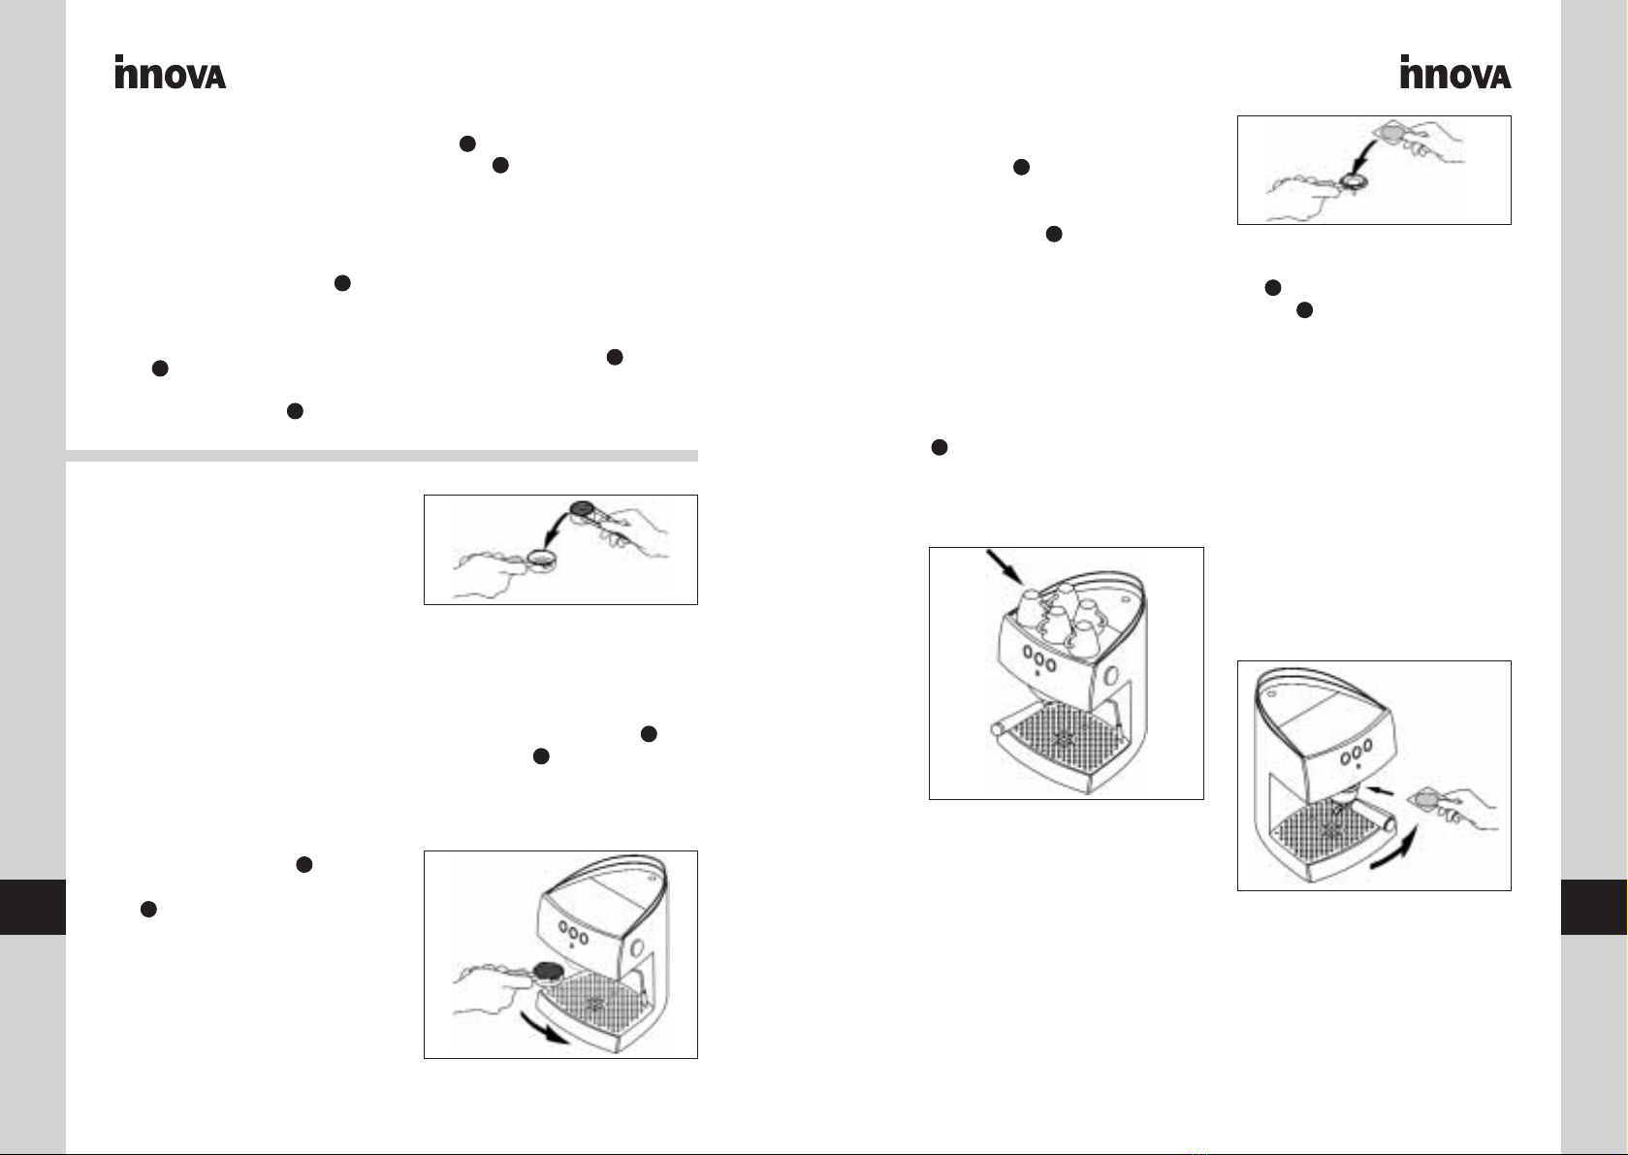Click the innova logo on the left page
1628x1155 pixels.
[x=170, y=72]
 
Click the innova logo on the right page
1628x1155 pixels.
[x=1455, y=72]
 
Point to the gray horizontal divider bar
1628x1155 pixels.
[x=382, y=456]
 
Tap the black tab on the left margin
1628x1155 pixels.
[x=33, y=907]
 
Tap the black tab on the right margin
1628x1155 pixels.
[x=1594, y=907]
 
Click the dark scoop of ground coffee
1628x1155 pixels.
[x=582, y=509]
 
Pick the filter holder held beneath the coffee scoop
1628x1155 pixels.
[x=541, y=560]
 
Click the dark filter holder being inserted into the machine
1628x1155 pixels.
[x=548, y=971]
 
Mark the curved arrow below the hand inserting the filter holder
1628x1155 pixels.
[x=545, y=1029]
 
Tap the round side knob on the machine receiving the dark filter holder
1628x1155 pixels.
[x=637, y=947]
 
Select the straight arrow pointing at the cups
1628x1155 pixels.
[x=1006, y=568]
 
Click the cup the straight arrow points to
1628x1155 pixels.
[x=1031, y=608]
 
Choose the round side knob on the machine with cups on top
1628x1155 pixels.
[x=1111, y=676]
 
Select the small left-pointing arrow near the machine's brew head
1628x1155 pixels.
[x=1380, y=790]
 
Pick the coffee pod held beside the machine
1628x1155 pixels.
[x=1425, y=799]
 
